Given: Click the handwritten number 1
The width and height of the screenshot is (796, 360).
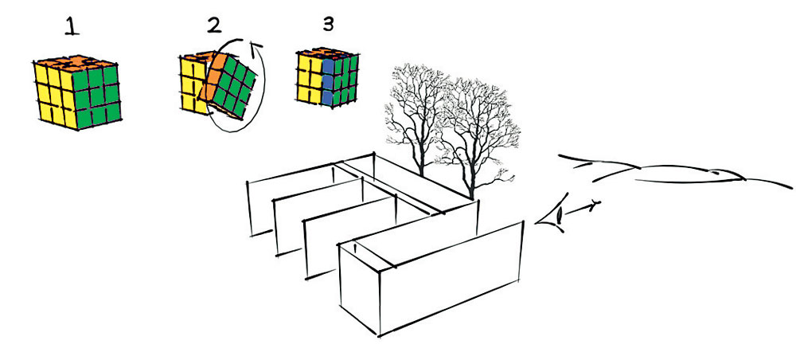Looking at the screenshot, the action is [x=72, y=26].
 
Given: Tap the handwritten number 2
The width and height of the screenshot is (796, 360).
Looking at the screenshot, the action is [x=213, y=25].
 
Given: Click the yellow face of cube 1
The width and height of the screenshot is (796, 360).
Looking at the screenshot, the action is [x=55, y=94].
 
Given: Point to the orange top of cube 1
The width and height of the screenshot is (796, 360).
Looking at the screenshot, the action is [x=75, y=63].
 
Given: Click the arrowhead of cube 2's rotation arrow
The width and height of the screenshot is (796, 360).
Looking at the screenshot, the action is [x=256, y=47].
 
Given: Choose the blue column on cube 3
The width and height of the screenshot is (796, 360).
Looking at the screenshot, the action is [x=328, y=80].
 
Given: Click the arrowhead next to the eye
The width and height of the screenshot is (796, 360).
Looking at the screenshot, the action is [x=595, y=205].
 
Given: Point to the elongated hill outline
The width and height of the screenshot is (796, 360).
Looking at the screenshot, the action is [x=675, y=170].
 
